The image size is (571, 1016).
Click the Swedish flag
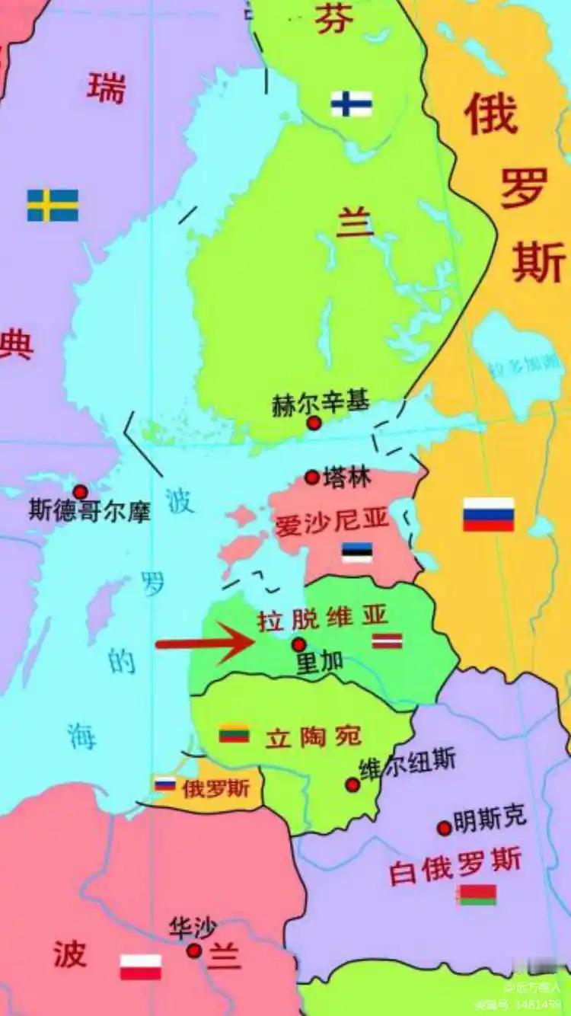click(x=53, y=206)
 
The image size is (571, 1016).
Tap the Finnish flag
click(x=352, y=104)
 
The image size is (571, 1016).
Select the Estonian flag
click(x=356, y=552)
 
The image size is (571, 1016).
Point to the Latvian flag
click(x=387, y=641)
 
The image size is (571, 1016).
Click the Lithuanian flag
click(x=234, y=733)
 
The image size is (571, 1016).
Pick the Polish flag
click(x=141, y=966)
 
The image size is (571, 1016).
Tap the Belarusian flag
click(x=477, y=895)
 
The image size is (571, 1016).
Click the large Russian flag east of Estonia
click(x=489, y=514)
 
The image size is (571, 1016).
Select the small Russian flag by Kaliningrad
click(x=165, y=784)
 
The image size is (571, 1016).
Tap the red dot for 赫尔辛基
click(x=314, y=423)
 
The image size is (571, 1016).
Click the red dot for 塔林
click(x=311, y=478)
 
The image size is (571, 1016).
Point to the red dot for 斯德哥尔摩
click(x=80, y=492)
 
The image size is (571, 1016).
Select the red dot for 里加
click(x=299, y=644)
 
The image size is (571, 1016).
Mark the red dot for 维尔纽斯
click(x=352, y=784)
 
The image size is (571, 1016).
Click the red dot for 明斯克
click(x=444, y=828)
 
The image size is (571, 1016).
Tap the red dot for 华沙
click(x=194, y=950)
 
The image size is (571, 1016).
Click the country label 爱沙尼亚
click(x=332, y=522)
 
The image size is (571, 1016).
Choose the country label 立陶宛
click(x=313, y=736)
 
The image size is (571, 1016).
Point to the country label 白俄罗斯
click(x=455, y=864)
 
